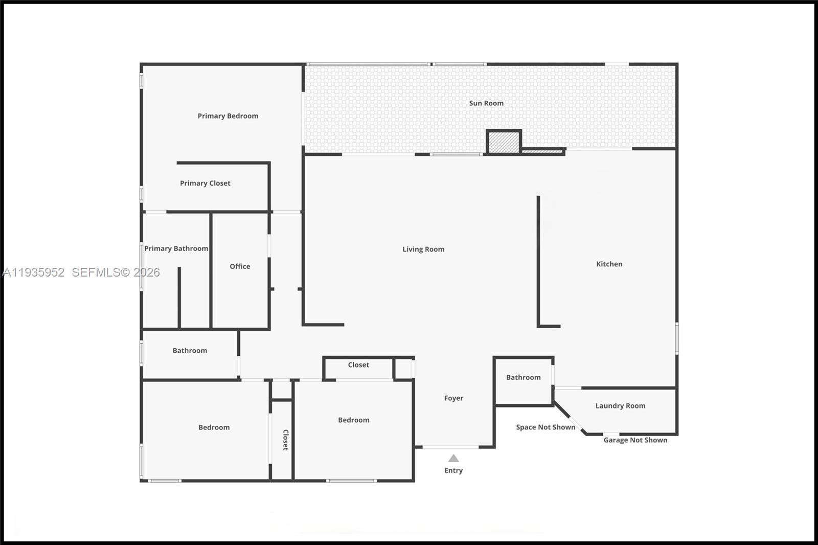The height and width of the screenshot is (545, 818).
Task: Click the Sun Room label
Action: [x=486, y=103]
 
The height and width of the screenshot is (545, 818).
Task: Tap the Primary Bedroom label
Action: [x=228, y=116]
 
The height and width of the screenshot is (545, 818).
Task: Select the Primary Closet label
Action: [x=205, y=183]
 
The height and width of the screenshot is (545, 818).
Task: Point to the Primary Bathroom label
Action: [x=176, y=248]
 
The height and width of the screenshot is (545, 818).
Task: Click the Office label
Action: [x=240, y=266]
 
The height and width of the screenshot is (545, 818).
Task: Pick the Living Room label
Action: [x=423, y=249]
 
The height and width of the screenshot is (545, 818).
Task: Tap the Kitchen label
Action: [x=609, y=264]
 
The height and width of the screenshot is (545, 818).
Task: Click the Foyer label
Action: [x=453, y=398]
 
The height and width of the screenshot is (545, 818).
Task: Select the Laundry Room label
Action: [x=620, y=406]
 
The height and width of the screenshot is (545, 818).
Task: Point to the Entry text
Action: [x=453, y=471]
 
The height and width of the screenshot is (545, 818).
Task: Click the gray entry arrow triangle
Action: [x=453, y=459]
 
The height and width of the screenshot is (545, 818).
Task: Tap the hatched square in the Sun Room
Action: [x=504, y=142]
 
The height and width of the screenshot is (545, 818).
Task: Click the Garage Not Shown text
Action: [x=635, y=440]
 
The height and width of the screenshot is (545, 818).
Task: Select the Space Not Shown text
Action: [x=546, y=427]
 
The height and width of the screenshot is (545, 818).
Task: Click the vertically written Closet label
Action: [x=286, y=440]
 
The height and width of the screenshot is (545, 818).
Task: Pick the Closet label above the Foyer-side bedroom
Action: [x=358, y=365]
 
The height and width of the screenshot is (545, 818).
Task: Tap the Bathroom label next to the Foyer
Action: [x=523, y=377]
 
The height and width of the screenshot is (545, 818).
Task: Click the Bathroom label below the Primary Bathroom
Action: [x=190, y=351]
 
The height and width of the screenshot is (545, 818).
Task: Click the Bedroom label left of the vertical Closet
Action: [x=214, y=427]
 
